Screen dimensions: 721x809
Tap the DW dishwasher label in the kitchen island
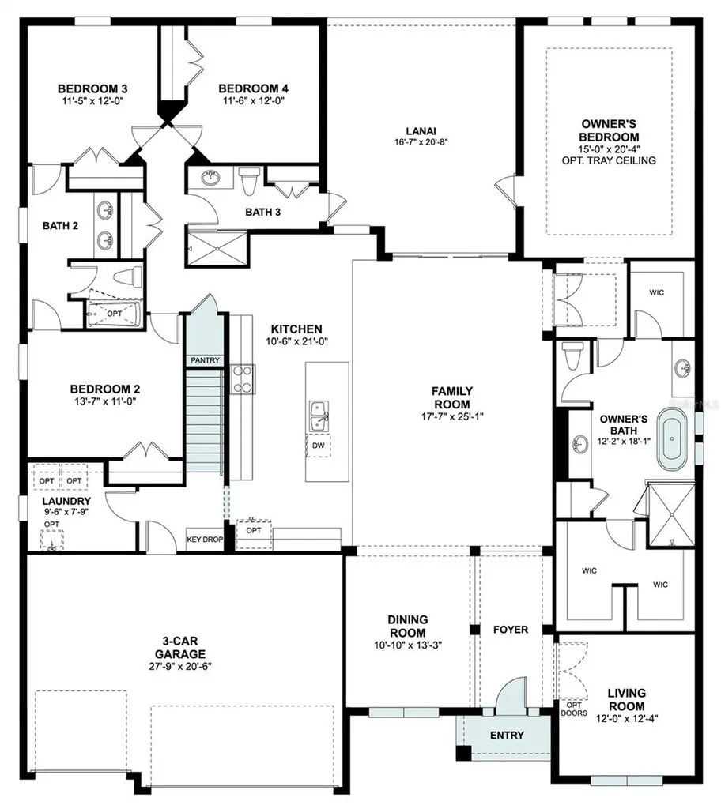[318, 446]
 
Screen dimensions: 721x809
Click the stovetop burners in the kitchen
[242, 379]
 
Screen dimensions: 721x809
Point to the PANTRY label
[205, 360]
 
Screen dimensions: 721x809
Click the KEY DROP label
[205, 539]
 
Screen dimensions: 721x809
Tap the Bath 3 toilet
[248, 181]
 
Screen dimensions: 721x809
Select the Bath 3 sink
[210, 178]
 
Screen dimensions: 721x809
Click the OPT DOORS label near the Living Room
[574, 709]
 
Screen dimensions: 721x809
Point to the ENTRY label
[507, 736]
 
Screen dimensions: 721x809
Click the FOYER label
[510, 630]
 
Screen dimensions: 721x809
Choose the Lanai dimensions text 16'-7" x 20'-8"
[421, 142]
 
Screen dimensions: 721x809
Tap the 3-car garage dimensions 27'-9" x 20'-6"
[180, 666]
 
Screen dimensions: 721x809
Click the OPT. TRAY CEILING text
[609, 160]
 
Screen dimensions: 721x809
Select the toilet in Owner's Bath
[573, 355]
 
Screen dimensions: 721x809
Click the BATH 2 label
[60, 225]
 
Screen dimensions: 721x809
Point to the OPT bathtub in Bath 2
[115, 314]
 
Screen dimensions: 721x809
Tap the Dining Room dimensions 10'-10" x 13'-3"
[408, 645]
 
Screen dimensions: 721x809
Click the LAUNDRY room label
[66, 501]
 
